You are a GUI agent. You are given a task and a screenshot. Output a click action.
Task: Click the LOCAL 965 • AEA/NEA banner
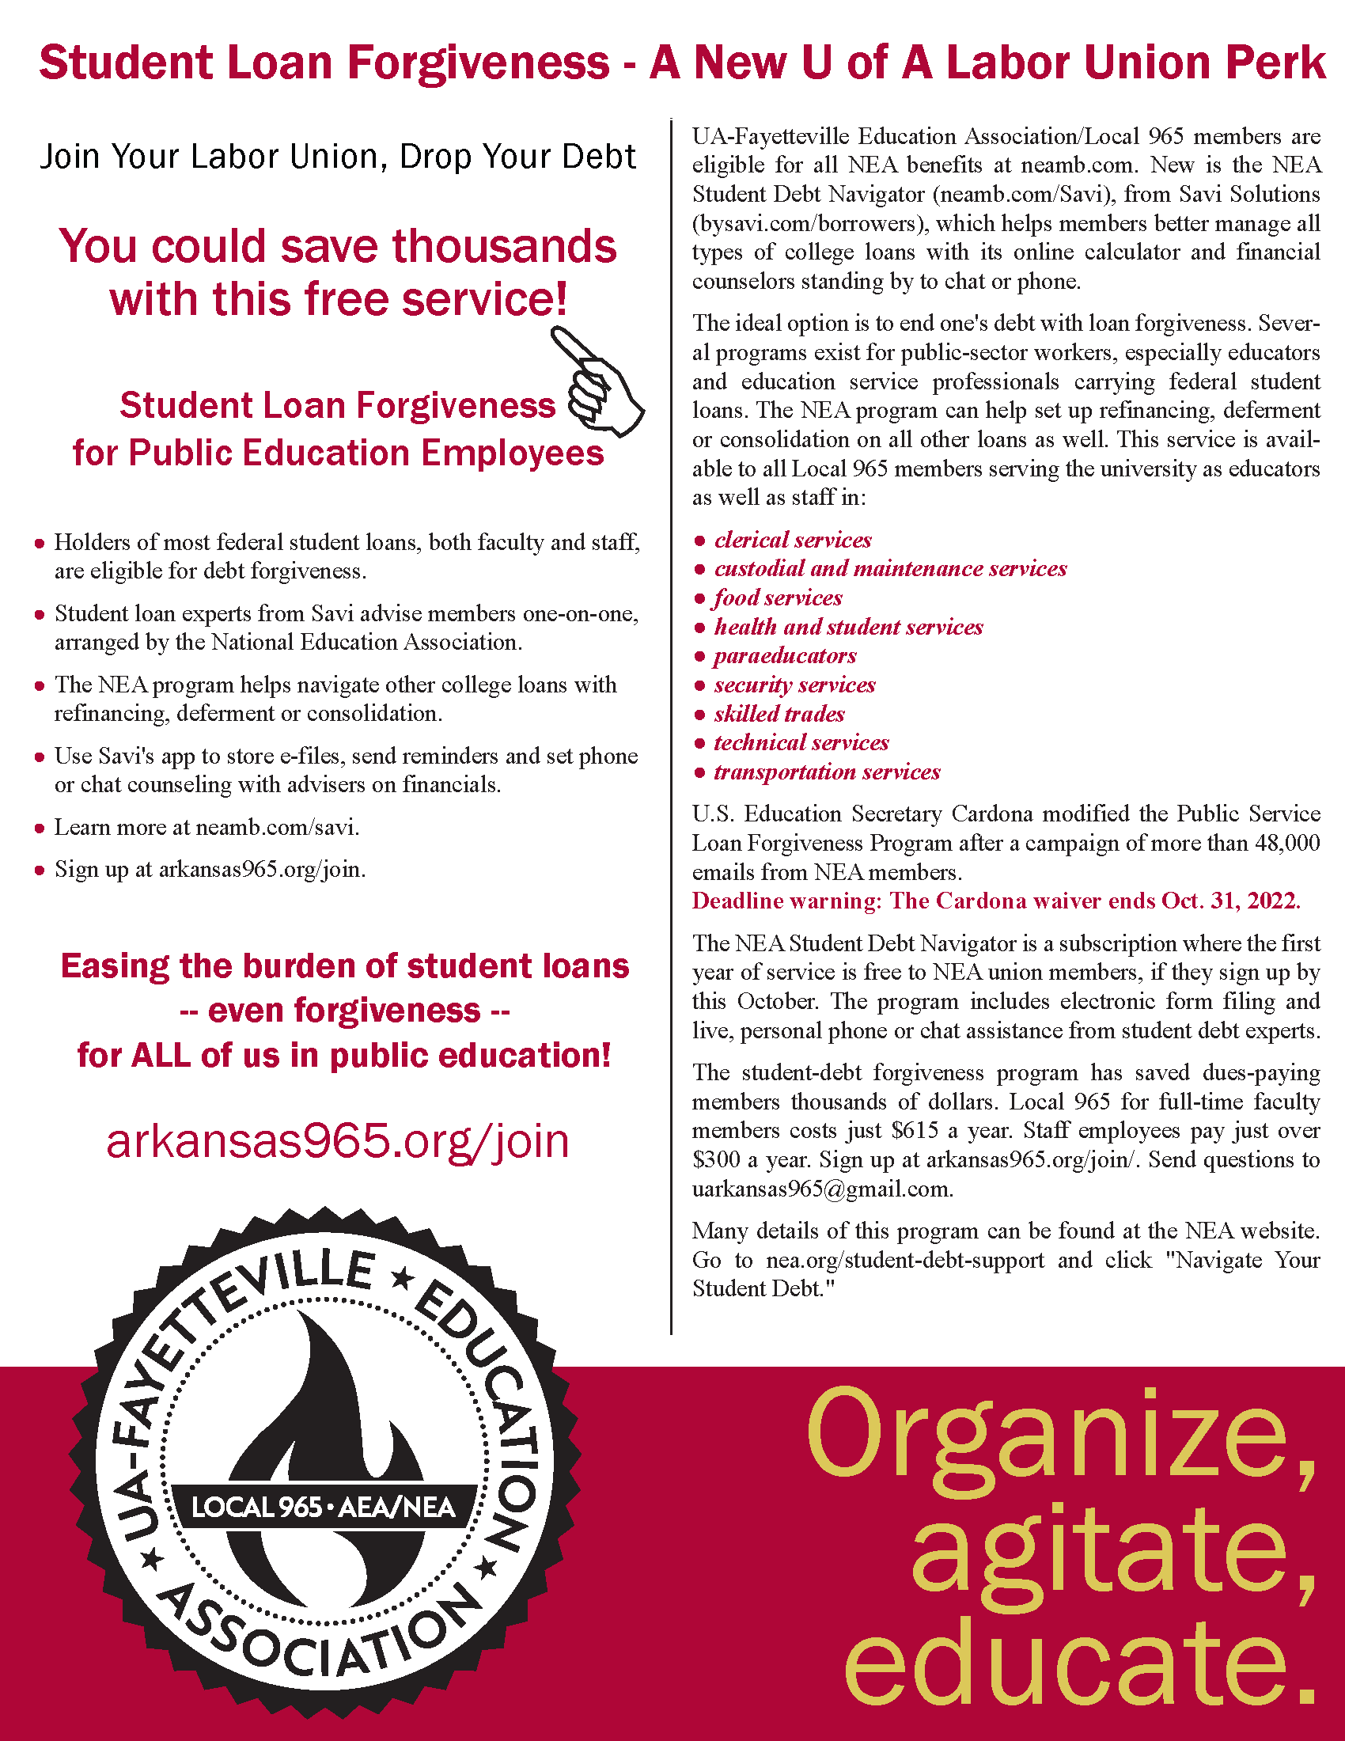point(324,1507)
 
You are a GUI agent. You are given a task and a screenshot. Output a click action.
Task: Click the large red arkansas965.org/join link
point(338,1140)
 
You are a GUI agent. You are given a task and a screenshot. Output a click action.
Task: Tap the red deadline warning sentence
point(996,901)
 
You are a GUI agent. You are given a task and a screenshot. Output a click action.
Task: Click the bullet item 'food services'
point(778,597)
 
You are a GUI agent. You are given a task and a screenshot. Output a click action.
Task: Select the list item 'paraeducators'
point(785,656)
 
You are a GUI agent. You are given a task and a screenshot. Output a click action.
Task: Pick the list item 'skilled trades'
point(779,715)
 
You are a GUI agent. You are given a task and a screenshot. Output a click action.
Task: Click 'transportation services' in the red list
point(827,772)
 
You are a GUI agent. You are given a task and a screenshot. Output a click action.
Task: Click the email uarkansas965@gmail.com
point(822,1189)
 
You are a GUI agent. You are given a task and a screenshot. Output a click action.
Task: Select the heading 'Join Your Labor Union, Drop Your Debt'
point(338,157)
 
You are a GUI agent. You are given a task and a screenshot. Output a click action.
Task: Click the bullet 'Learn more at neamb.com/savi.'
point(206,828)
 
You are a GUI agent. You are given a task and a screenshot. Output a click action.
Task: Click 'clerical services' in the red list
point(793,541)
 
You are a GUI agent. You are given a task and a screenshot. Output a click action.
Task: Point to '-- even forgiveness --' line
point(344,1011)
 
